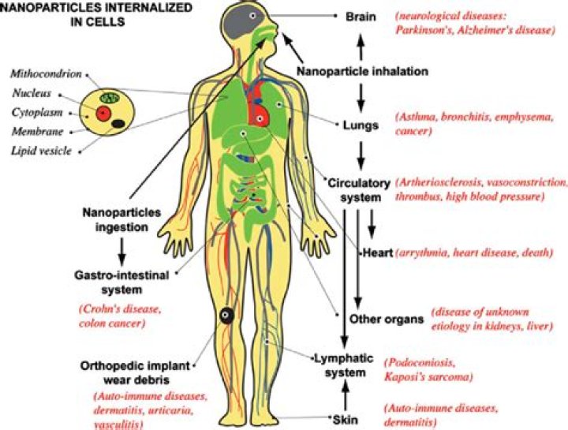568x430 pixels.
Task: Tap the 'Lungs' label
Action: coord(361,125)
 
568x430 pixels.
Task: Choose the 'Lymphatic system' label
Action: coord(345,366)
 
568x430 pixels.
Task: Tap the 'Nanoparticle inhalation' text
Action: coord(362,71)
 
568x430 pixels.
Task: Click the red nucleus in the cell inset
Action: coord(102,114)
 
